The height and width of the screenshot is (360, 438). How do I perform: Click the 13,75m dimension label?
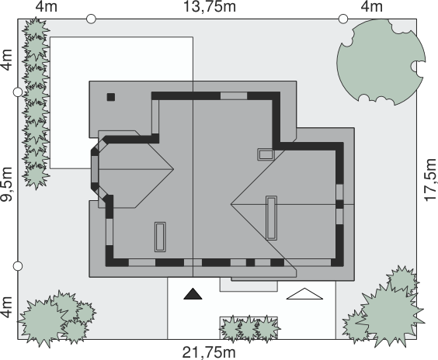pos(210,7)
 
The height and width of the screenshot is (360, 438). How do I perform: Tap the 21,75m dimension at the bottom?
pos(209,353)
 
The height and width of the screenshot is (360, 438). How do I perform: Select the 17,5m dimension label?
pos(430,179)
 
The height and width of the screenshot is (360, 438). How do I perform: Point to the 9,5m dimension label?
pos(7,184)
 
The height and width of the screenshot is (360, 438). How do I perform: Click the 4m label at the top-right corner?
pos(371,7)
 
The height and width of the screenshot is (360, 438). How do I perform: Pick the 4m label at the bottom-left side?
pos(7,307)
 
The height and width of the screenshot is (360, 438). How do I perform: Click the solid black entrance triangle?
pos(193,294)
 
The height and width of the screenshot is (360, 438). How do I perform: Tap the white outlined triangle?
pos(304,294)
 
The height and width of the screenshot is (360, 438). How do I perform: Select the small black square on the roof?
pos(111,97)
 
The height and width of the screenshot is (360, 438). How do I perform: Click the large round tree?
pos(381,62)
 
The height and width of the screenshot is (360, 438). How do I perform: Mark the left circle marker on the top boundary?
pos(91,19)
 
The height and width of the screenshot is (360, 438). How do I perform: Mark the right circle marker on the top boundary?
pos(343,19)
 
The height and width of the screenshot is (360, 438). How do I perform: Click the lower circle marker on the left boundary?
pos(18,266)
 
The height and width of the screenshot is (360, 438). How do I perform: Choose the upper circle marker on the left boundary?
pos(18,92)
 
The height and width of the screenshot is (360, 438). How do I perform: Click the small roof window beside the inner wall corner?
pos(266,154)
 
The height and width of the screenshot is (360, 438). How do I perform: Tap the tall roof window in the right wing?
pos(271,218)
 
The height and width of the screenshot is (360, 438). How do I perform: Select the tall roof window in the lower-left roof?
pos(160,237)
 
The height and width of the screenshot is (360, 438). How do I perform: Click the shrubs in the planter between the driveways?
pos(249,328)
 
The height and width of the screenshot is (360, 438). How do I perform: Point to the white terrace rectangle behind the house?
pos(121,102)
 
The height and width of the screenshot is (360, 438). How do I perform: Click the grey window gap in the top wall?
pos(234,96)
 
